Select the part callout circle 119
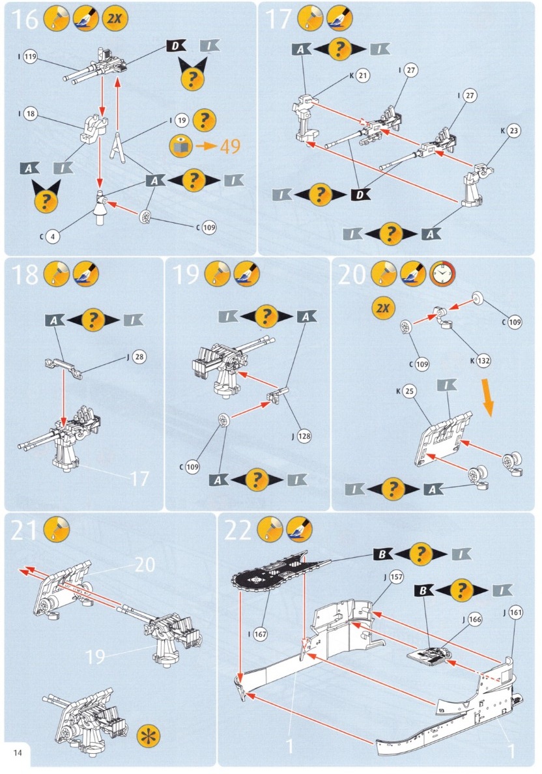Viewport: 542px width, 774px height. pos(31,57)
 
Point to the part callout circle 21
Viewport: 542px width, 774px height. pos(363,76)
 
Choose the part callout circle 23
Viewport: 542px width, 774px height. pos(514,131)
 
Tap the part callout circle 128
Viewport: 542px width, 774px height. pos(304,437)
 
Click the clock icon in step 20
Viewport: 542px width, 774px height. pos(443,276)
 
